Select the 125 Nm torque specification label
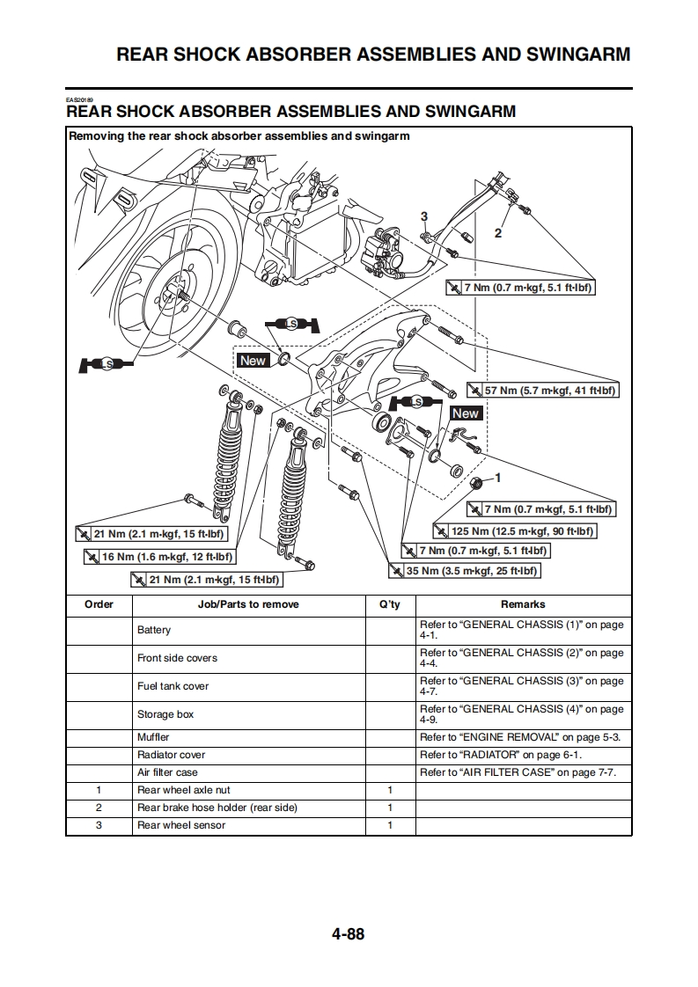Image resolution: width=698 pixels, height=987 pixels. pyautogui.click(x=516, y=531)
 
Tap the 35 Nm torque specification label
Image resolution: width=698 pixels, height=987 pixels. pyautogui.click(x=465, y=571)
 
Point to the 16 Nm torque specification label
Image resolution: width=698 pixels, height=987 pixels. pyautogui.click(x=160, y=557)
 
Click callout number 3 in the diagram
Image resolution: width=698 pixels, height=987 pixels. pyautogui.click(x=423, y=216)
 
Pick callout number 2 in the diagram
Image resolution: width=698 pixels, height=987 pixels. pyautogui.click(x=497, y=234)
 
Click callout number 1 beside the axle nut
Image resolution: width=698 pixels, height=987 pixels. pyautogui.click(x=497, y=478)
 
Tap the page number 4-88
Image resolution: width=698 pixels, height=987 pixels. pyautogui.click(x=348, y=934)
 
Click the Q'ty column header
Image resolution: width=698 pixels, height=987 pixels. pyautogui.click(x=389, y=604)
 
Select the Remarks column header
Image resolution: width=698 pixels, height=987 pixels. pyautogui.click(x=523, y=604)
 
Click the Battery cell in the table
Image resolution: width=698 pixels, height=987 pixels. pyautogui.click(x=154, y=630)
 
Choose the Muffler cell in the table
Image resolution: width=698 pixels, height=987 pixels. pyautogui.click(x=153, y=737)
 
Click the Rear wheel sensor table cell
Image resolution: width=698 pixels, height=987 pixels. pyautogui.click(x=181, y=825)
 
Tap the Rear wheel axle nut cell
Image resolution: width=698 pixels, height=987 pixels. pyautogui.click(x=184, y=790)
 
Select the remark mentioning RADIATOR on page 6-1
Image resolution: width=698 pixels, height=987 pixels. pyautogui.click(x=501, y=755)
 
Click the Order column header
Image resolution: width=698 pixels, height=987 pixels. pyautogui.click(x=99, y=604)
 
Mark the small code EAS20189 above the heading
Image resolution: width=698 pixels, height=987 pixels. pyautogui.click(x=78, y=99)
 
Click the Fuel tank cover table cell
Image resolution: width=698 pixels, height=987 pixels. pyautogui.click(x=173, y=686)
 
